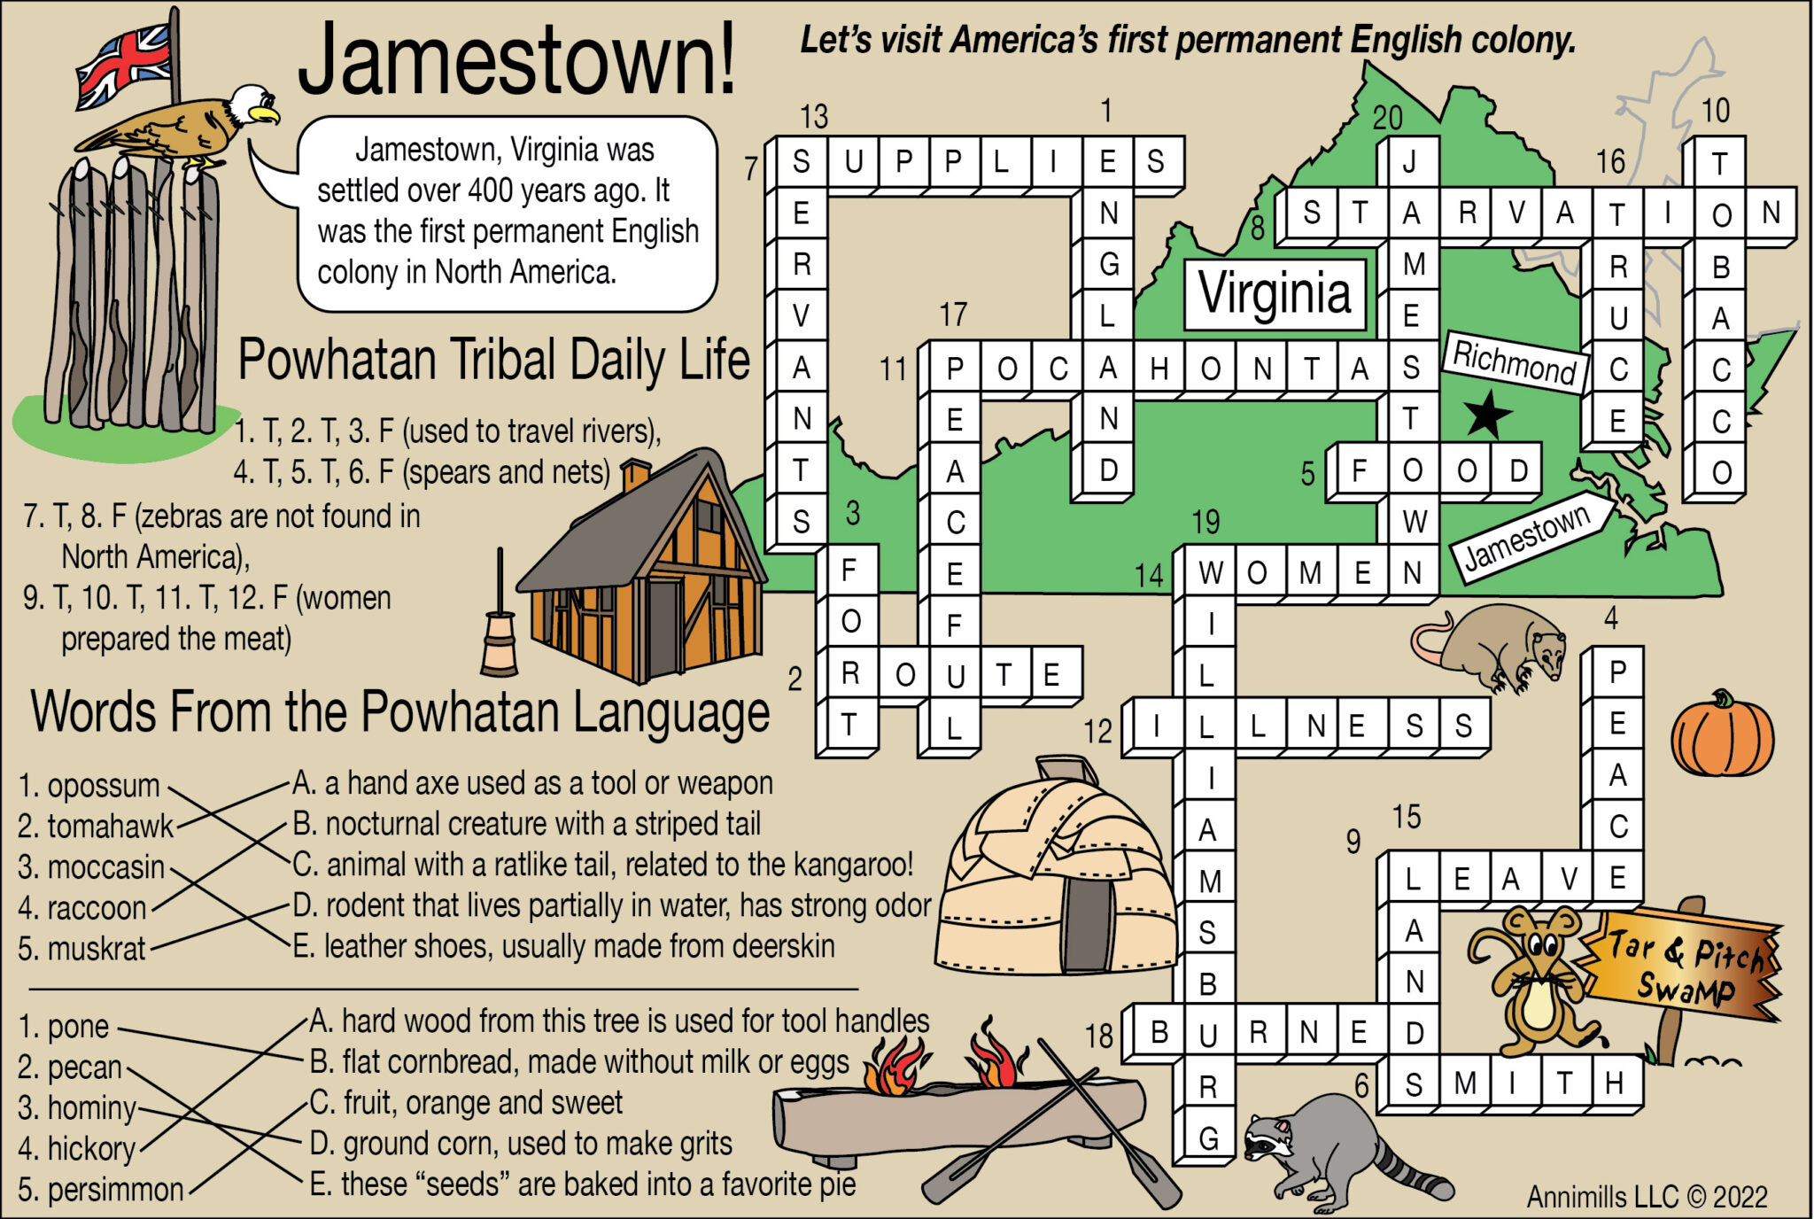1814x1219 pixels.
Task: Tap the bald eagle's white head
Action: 251,104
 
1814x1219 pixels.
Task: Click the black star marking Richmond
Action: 1487,414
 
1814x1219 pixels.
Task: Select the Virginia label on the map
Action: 1275,293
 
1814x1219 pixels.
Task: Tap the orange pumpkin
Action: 1722,735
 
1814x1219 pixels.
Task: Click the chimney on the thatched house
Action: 635,474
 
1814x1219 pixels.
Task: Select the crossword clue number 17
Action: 953,314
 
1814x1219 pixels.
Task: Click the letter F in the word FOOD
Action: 1359,471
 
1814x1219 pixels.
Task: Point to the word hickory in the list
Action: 91,1149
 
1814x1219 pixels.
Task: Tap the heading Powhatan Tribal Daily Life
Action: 493,360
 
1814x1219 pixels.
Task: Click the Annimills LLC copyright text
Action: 1647,1197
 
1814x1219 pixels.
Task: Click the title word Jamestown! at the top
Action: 516,60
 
